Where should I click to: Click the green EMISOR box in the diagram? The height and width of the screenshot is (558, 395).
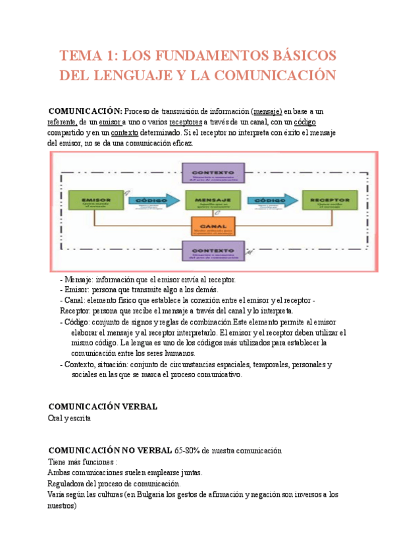95,200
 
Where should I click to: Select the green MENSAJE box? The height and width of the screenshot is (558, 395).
212,200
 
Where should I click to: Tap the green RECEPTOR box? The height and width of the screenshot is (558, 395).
329,200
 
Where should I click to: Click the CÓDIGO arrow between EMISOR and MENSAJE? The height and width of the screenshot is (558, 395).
153,199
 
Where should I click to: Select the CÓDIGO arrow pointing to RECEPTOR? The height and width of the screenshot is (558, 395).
271,199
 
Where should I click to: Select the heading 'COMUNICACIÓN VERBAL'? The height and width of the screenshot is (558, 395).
103,407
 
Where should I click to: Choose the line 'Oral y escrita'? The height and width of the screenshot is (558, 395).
70,418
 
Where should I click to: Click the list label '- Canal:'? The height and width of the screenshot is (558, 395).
76,300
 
